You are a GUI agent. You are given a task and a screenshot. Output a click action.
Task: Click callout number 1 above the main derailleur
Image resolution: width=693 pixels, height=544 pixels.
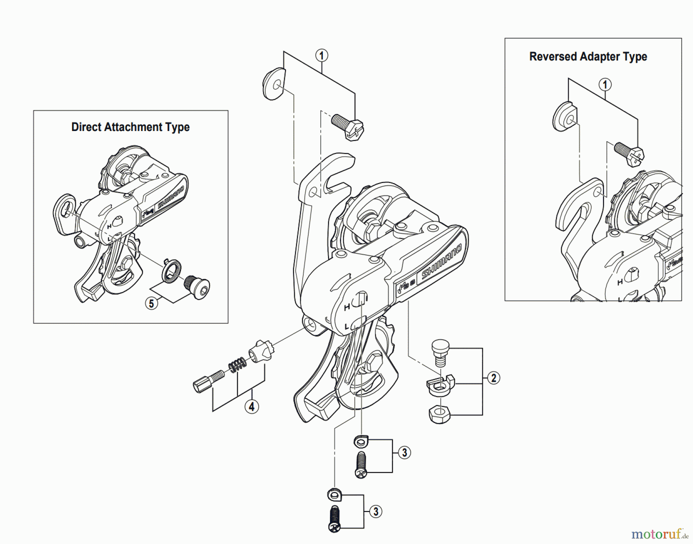322,55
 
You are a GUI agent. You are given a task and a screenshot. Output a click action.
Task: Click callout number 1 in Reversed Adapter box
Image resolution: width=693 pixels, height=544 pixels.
604,85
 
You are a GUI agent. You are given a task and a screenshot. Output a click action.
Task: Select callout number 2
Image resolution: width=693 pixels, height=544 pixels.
493,378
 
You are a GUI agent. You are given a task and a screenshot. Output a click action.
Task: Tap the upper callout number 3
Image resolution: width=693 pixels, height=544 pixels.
404,452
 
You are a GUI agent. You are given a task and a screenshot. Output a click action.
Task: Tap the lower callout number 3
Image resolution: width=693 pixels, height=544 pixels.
375,512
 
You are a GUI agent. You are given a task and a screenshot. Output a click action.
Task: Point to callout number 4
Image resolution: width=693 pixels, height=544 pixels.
251,406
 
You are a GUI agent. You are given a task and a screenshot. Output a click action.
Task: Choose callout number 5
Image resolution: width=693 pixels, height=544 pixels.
151,303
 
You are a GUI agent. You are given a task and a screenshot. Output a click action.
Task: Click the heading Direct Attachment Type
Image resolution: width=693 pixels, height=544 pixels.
130,127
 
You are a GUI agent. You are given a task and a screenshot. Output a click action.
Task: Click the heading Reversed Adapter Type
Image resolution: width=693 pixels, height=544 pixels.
588,57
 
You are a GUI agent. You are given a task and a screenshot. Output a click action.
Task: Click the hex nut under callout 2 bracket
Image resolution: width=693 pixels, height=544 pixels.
439,415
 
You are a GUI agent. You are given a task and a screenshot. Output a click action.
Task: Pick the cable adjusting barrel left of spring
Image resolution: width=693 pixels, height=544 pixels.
208,381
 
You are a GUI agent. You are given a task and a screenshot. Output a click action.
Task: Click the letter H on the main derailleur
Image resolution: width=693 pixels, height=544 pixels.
347,307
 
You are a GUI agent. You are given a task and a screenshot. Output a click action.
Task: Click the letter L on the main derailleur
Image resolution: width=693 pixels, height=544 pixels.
347,327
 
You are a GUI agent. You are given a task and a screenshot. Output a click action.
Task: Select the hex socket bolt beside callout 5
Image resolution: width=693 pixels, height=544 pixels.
197,287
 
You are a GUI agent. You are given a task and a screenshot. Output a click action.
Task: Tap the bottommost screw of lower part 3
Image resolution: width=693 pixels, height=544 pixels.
335,519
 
